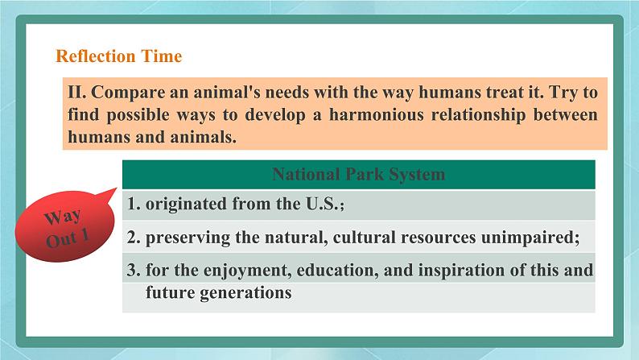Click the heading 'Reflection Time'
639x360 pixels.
click(118, 56)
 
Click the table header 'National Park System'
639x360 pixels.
click(359, 174)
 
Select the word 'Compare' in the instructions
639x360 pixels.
click(128, 93)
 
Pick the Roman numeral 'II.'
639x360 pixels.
click(77, 92)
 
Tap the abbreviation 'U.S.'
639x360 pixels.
click(322, 204)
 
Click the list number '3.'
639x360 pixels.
click(134, 271)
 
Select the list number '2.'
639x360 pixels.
click(134, 238)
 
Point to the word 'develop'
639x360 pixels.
click(275, 115)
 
